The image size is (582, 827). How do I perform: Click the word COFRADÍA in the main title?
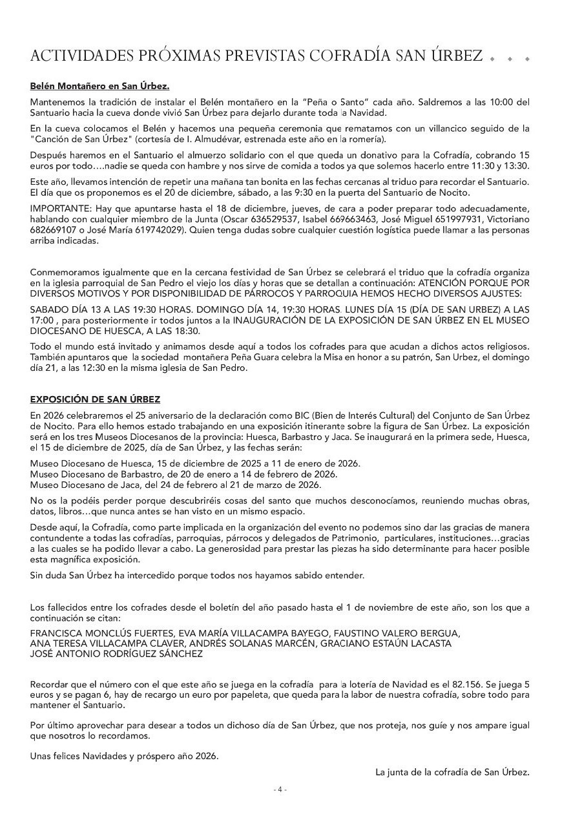[x=349, y=56]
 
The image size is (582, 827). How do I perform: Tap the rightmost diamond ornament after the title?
[x=527, y=59]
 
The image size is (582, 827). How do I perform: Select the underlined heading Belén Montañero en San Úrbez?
[x=99, y=86]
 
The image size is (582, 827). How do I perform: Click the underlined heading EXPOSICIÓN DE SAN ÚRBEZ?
[x=95, y=399]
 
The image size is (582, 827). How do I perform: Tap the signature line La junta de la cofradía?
[x=452, y=771]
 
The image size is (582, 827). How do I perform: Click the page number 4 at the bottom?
[x=280, y=790]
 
